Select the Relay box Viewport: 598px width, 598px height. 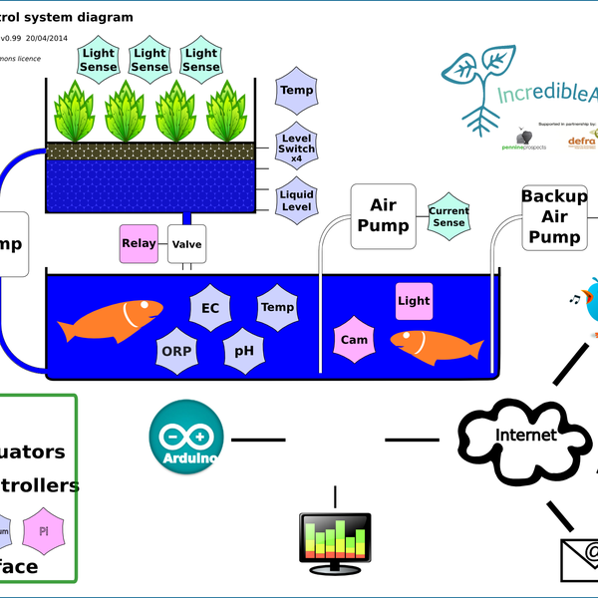tap(138, 244)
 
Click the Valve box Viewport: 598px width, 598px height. tap(186, 244)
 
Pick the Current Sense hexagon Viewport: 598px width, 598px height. tap(448, 217)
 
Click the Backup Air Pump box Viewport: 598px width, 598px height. tap(554, 216)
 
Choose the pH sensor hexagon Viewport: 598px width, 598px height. tap(243, 351)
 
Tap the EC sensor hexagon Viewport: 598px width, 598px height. tap(210, 308)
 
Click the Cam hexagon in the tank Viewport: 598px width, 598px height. tap(354, 340)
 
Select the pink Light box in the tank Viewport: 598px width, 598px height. tap(414, 300)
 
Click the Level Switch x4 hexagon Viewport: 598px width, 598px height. tap(296, 147)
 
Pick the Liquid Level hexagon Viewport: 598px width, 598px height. tap(296, 200)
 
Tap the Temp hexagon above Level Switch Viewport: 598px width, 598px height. tap(296, 91)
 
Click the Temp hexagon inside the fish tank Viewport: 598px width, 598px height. tap(277, 308)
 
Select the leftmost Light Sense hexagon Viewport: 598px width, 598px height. tap(99, 60)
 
